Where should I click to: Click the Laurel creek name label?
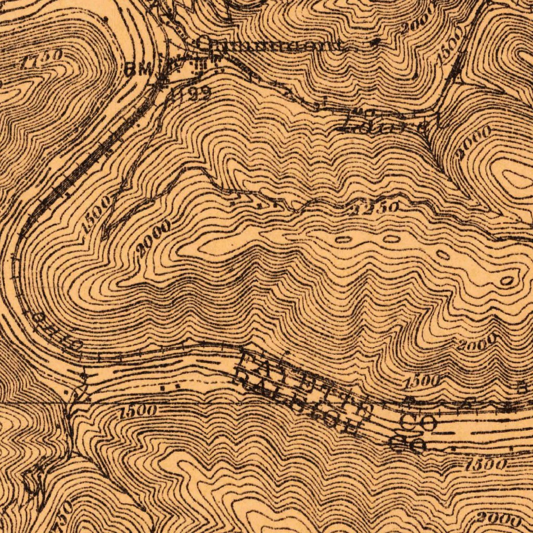click(x=385, y=123)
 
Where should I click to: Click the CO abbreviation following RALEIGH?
click(x=408, y=443)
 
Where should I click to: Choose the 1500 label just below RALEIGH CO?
click(x=487, y=463)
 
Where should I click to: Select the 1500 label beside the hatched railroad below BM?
click(x=95, y=214)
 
